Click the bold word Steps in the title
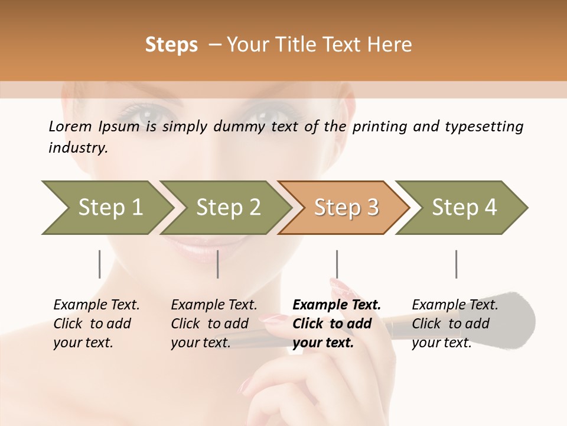point(171,45)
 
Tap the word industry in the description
point(78,148)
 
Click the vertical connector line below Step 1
point(100,264)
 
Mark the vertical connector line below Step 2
point(218,264)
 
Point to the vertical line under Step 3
point(337,264)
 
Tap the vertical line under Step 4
point(456,264)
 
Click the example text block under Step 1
point(96,324)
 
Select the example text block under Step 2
point(214,324)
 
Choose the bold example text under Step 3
point(337,324)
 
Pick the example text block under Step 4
point(455,324)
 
